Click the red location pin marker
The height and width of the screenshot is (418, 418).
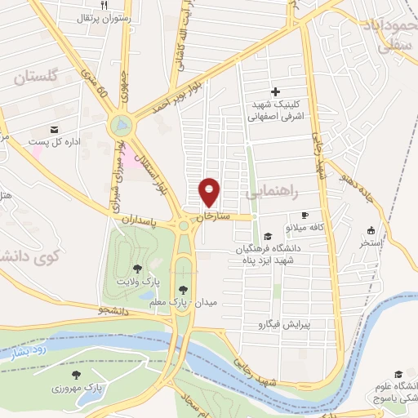210,192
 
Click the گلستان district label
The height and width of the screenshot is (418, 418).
37,77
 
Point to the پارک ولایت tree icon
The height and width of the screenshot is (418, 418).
136,268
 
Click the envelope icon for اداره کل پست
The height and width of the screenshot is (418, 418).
54,129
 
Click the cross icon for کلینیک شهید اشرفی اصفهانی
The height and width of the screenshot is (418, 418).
274,91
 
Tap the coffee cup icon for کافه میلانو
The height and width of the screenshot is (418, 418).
305,214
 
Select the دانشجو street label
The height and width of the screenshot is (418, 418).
114,310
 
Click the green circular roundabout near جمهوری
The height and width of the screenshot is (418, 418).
121,126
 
